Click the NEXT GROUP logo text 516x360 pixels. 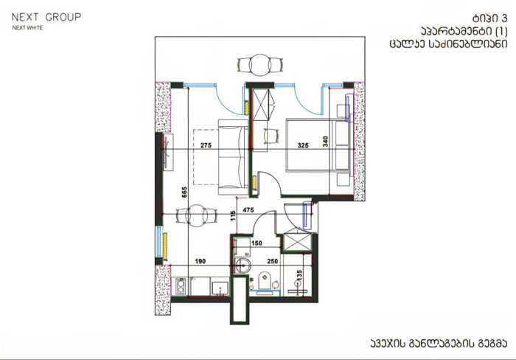pos(46,17)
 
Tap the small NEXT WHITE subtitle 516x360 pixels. pos(28,28)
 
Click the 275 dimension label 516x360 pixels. pos(206,145)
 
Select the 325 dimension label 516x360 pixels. pos(303,145)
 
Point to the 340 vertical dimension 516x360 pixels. pos(326,142)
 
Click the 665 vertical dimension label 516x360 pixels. pos(184,193)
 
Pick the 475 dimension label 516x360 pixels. pos(248,210)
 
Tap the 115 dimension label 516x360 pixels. pos(234,216)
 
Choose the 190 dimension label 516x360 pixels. pos(201,261)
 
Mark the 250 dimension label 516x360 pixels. pos(273,261)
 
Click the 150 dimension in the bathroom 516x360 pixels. pos(257,243)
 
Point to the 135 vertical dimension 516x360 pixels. pos(299,275)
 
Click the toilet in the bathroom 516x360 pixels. pos(264,281)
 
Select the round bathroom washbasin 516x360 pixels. pos(243,265)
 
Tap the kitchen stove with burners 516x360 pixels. pos(180,286)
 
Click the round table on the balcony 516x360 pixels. pos(260,65)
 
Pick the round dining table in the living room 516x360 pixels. pos(197,215)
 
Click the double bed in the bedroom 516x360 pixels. pos(318,145)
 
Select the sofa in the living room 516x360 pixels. pos(234,158)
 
